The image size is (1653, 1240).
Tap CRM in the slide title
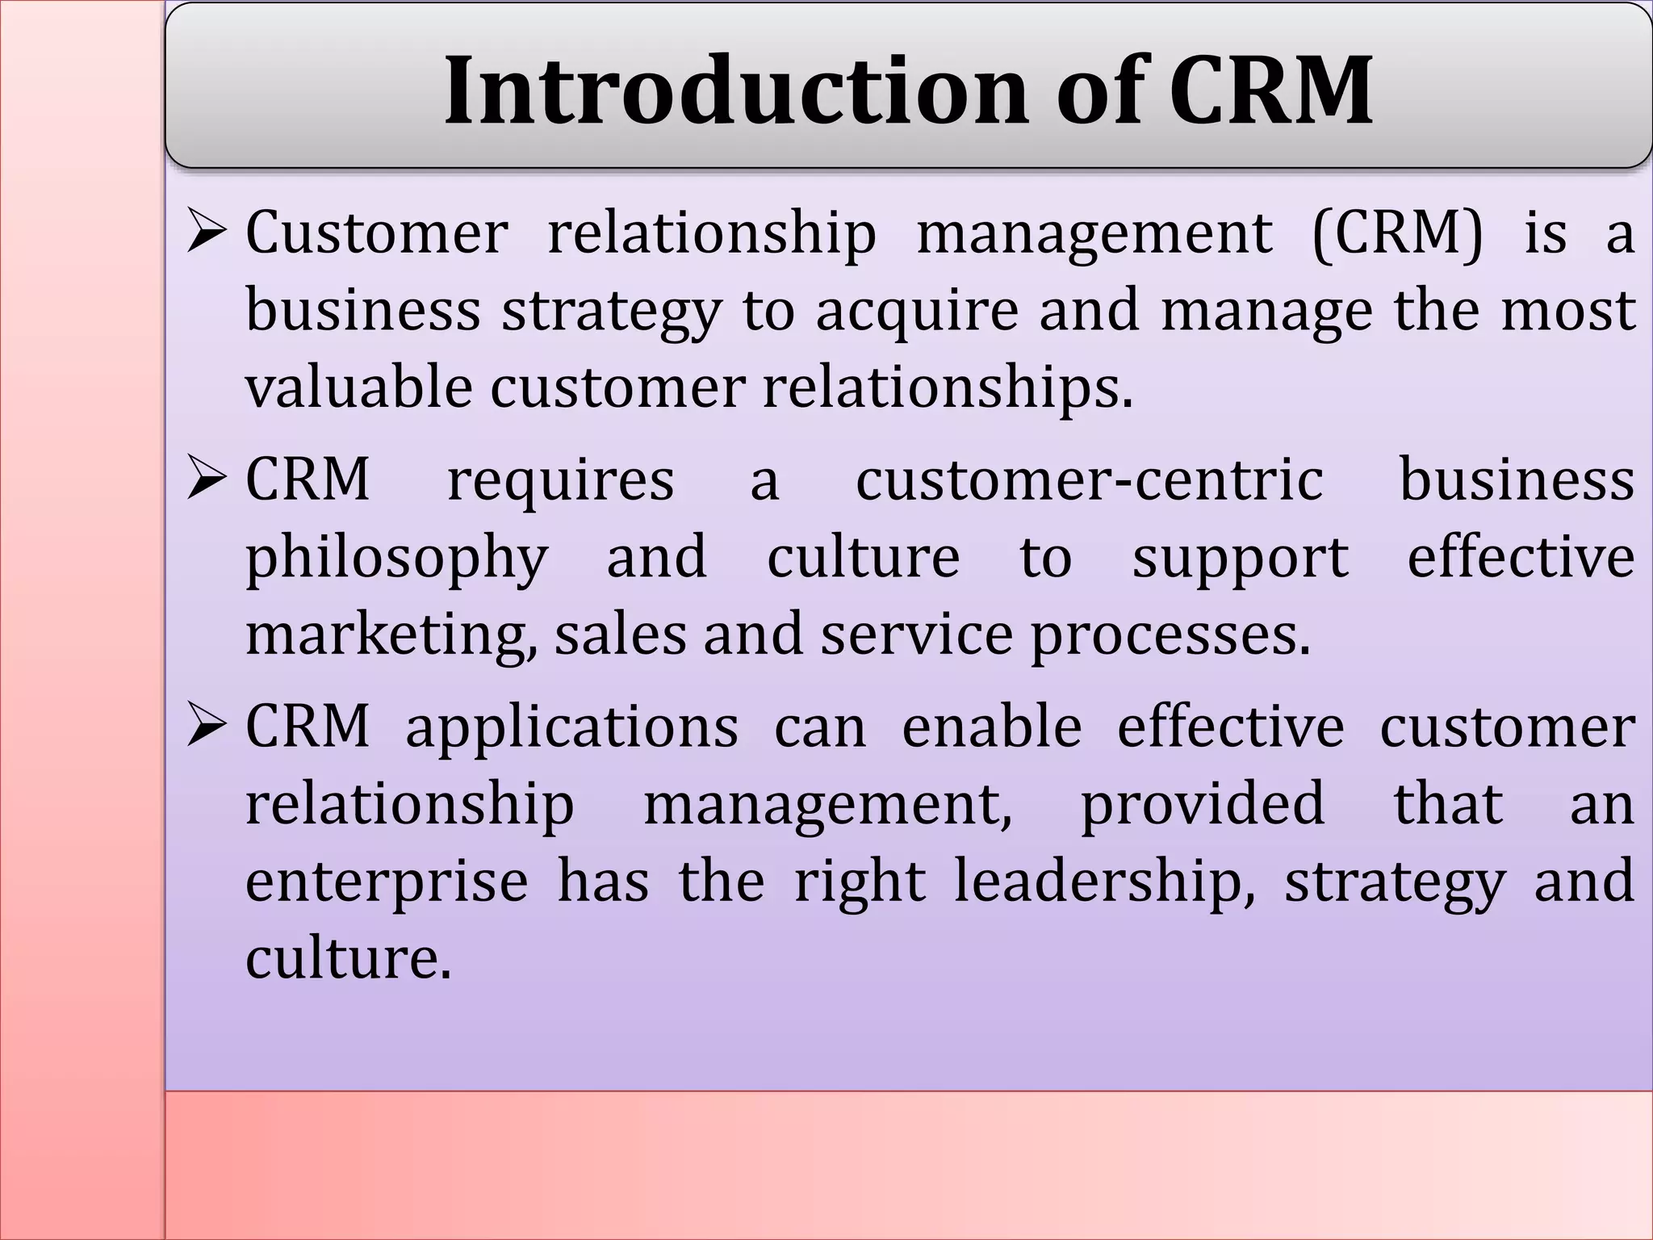pyautogui.click(x=1270, y=90)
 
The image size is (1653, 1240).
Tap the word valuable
pyautogui.click(x=358, y=387)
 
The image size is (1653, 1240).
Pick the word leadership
pyautogui.click(x=1105, y=882)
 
